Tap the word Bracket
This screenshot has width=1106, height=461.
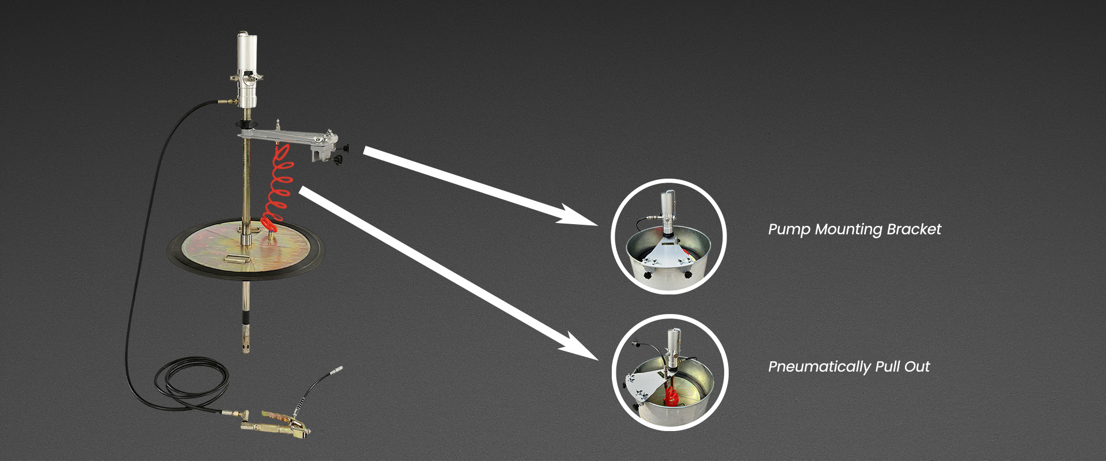[x=914, y=229]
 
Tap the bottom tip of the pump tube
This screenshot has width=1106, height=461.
[x=247, y=350]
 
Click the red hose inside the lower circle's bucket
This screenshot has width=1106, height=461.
[x=671, y=396]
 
